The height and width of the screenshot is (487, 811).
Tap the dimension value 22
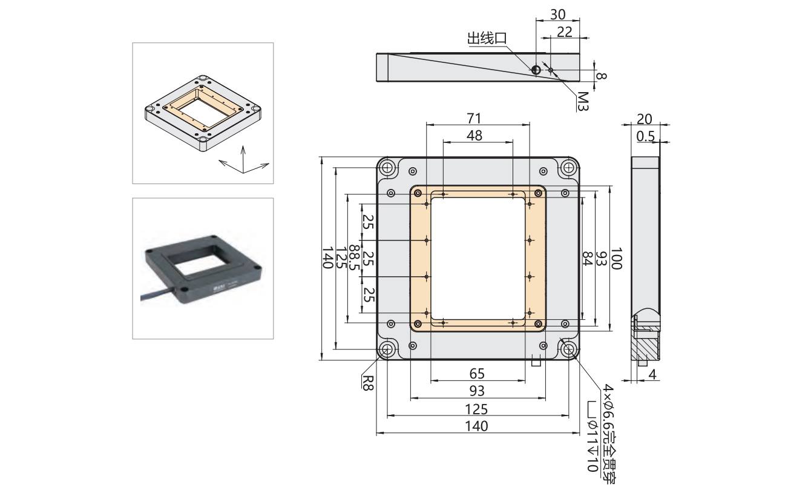coord(565,32)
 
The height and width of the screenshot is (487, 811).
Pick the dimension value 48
coord(475,135)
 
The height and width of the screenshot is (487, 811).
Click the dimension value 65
coord(477,373)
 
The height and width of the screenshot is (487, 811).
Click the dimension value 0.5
coord(646,136)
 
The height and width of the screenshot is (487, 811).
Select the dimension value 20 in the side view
coord(645,118)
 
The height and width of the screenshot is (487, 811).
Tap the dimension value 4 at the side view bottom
coord(652,375)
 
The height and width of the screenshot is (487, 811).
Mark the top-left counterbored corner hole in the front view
coord(387,167)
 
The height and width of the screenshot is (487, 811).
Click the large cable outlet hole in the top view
coord(536,70)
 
